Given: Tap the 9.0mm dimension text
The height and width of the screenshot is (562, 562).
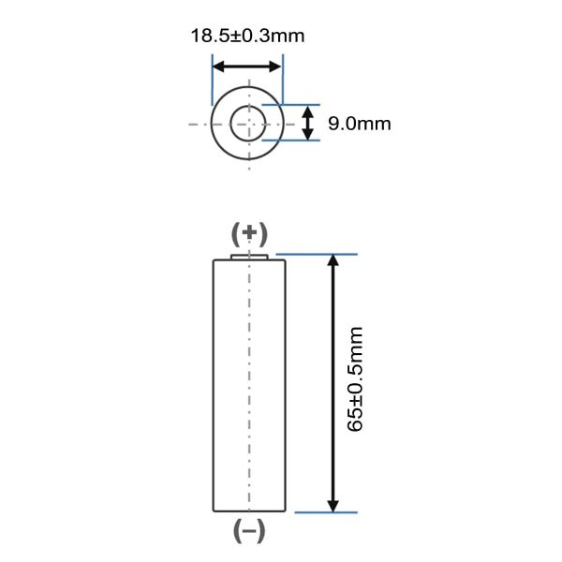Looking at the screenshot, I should click(359, 123).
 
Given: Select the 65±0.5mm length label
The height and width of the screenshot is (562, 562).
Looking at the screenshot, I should click(356, 378).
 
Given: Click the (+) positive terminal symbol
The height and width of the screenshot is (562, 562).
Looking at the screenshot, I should click(249, 233).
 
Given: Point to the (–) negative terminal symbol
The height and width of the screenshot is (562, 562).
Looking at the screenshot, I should click(249, 531).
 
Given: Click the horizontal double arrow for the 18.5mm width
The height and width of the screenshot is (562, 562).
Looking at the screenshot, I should click(247, 67).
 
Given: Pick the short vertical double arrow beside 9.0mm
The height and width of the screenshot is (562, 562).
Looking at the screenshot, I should click(309, 123).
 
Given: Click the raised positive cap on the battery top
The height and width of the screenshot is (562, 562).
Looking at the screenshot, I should click(249, 255).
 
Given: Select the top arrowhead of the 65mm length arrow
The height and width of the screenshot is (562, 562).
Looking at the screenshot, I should click(333, 261).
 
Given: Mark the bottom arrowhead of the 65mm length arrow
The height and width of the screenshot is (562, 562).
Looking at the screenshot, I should click(333, 505).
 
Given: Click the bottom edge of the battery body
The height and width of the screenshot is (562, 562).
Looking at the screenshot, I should click(249, 511).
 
